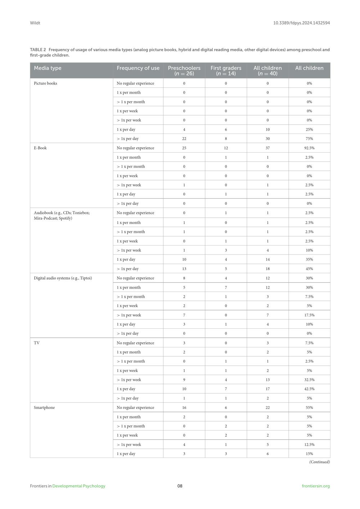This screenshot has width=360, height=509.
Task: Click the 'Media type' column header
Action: point(48,68)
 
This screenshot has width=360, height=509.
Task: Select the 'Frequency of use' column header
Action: point(138,68)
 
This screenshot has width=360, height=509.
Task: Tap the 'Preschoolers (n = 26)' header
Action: point(184,71)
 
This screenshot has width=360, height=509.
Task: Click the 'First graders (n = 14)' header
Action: point(226,71)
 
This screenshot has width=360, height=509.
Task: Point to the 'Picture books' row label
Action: point(45,83)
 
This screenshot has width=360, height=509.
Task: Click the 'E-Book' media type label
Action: point(40,148)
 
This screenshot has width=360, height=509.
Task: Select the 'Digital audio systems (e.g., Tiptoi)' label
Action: point(63,278)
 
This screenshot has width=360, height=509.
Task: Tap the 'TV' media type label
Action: point(37,343)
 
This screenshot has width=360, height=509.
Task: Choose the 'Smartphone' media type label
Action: point(44,407)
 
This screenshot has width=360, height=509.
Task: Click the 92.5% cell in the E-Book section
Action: point(309,148)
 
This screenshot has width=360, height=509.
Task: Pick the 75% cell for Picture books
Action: point(309,139)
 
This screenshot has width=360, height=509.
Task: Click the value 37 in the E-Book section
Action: point(267,148)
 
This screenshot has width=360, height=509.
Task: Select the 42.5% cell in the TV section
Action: point(309,389)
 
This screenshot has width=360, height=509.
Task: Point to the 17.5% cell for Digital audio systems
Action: point(309,315)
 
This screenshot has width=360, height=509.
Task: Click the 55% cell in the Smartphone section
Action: point(309,407)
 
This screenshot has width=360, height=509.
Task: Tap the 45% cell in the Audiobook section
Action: point(309,269)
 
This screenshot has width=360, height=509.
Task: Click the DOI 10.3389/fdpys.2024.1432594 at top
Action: point(301,23)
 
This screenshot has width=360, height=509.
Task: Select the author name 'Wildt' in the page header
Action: point(35,23)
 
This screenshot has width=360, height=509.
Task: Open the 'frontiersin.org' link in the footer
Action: point(316,486)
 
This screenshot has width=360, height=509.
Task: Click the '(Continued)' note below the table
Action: point(319,462)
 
